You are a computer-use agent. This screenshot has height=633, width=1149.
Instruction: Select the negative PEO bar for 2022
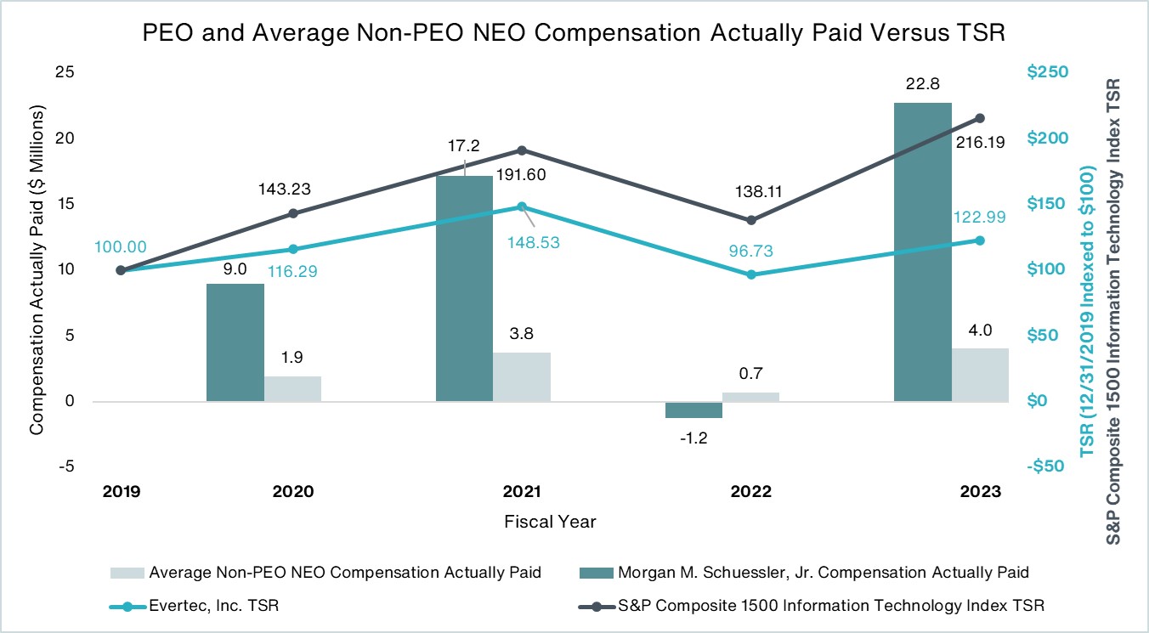[693, 410]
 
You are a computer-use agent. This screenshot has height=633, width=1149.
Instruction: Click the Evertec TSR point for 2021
[522, 206]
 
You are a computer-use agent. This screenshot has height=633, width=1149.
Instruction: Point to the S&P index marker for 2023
[980, 118]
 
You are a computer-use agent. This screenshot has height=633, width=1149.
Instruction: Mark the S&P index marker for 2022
[750, 220]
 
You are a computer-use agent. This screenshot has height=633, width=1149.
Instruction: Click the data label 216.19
[980, 144]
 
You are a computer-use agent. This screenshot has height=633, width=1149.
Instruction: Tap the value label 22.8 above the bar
[922, 84]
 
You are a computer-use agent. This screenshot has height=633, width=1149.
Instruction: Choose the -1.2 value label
[694, 438]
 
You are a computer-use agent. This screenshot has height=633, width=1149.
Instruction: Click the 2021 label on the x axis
[522, 492]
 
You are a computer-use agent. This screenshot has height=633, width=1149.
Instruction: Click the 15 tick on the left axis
[65, 205]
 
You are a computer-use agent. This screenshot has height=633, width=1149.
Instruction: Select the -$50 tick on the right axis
[1045, 466]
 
